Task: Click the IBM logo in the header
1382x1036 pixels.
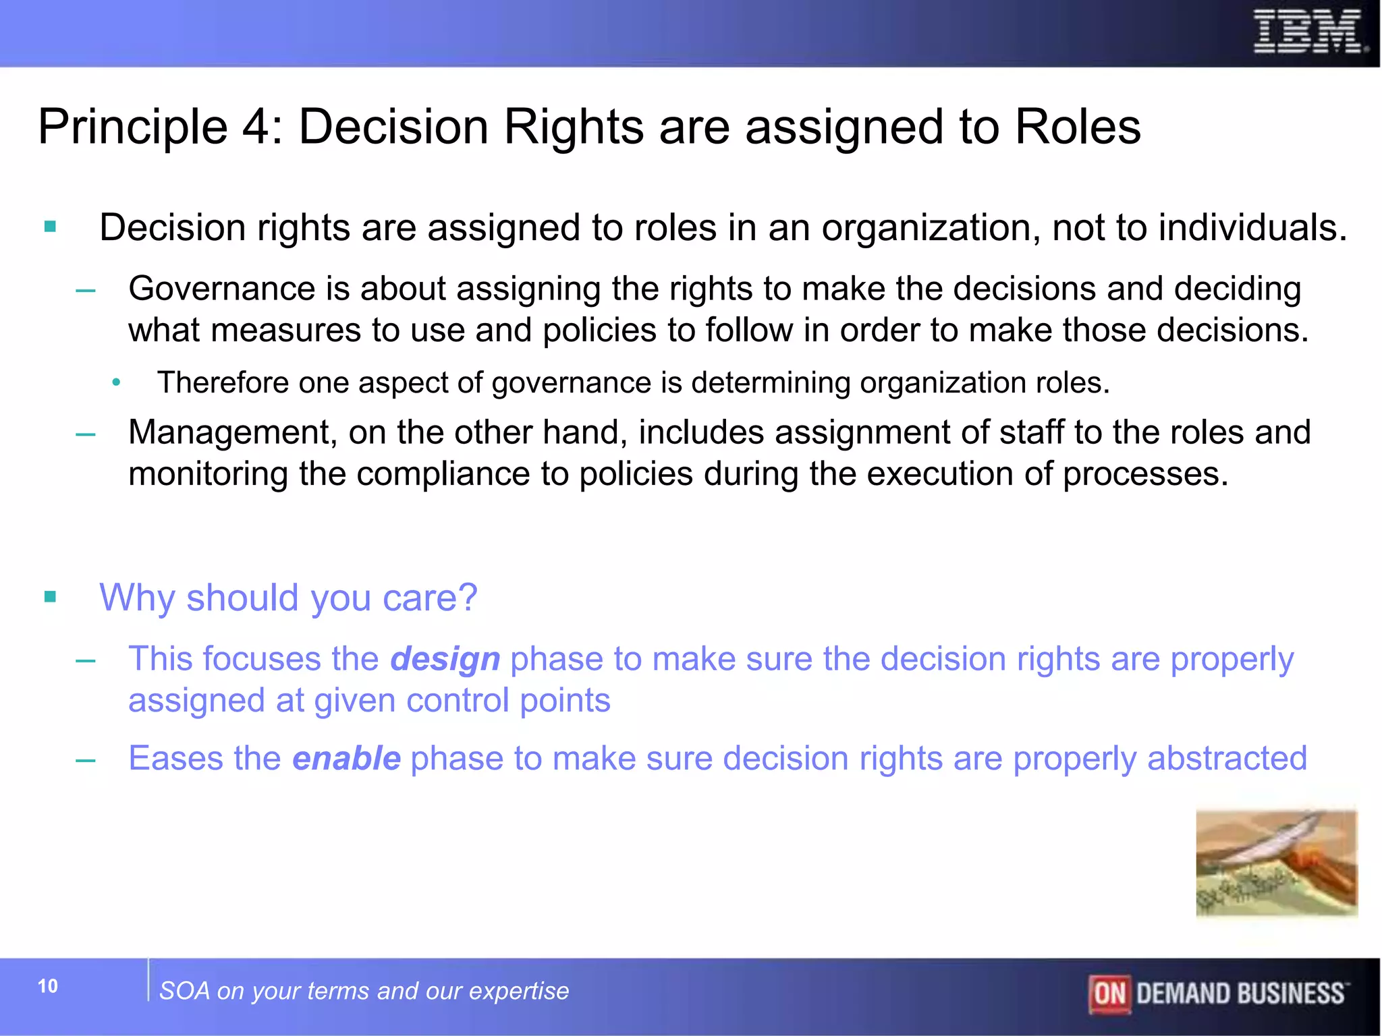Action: (1309, 32)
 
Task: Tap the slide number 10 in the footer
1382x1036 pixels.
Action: (48, 986)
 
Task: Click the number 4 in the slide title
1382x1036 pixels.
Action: (256, 127)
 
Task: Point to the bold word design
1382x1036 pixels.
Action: (445, 659)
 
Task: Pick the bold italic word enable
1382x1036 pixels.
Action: (347, 759)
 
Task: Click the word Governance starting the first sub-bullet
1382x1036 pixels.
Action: (221, 289)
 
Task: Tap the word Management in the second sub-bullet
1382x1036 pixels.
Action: (232, 432)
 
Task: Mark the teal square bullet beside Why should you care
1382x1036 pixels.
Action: (50, 597)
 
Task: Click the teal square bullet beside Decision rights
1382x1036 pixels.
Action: (50, 227)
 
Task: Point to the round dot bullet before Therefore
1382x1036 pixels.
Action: (116, 383)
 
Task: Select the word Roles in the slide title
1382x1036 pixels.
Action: (1077, 127)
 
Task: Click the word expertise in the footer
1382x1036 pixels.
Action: (519, 991)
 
